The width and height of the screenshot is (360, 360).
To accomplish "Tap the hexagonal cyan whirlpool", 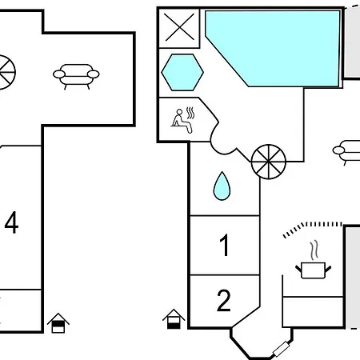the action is pos(182,72).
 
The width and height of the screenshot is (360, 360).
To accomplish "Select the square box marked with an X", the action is pos(179,28).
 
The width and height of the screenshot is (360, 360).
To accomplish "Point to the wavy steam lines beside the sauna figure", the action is pos(190,114).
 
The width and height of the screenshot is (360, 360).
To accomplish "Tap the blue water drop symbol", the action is pos(222,186).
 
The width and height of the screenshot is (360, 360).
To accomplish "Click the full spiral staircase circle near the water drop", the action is pos(269,162).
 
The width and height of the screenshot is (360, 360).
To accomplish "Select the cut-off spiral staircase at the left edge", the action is pos(6,72).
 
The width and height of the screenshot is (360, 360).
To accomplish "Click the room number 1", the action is pos(225,245).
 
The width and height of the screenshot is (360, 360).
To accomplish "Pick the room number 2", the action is pos(224,301).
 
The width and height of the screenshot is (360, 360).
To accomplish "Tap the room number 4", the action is pos(12,222).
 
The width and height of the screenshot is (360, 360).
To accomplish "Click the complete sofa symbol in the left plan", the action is pos(76,76).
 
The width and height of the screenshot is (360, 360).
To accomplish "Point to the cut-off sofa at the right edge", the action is pos(346,153).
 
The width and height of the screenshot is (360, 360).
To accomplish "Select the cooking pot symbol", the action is pos(314,270).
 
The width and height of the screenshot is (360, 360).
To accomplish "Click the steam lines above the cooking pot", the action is pos(314,250).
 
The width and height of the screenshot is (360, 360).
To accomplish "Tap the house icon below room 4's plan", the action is pos(58,323).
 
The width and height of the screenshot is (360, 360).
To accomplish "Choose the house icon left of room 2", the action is pos(174,319).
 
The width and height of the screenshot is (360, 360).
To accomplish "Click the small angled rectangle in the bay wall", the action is pos(281,350).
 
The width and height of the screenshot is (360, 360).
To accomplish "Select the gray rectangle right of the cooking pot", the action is pos(353,278).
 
